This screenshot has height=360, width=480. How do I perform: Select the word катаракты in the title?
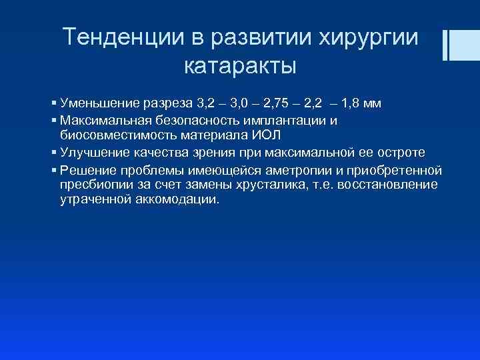239,67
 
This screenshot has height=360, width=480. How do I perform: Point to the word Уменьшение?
99,104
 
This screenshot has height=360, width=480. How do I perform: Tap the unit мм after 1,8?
374,104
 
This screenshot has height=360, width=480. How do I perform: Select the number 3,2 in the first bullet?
207,104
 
